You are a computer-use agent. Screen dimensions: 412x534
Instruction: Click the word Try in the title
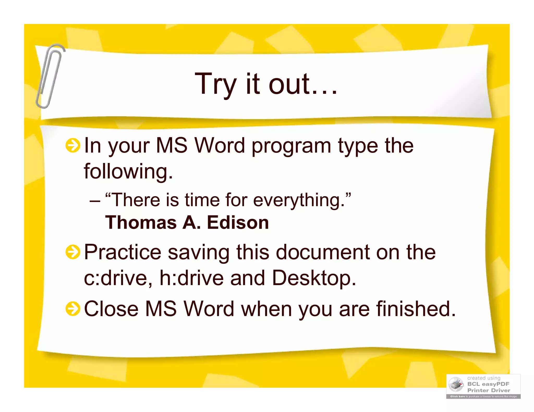(215, 84)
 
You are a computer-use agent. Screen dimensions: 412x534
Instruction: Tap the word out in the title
(289, 84)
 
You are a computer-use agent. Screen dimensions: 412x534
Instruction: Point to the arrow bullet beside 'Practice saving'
(72, 252)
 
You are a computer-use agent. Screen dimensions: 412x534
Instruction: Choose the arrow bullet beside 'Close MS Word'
(72, 309)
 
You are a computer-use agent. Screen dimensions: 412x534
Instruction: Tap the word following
(128, 171)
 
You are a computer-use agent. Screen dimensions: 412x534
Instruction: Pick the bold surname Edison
(238, 223)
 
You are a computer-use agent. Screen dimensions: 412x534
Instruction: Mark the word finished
(416, 309)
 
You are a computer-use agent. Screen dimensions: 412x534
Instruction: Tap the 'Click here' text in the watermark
(458, 396)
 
